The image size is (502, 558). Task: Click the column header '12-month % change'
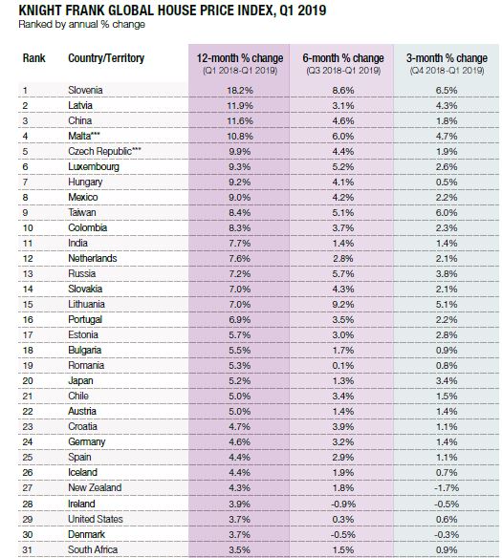pos(240,58)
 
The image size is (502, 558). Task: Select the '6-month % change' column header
pos(343,58)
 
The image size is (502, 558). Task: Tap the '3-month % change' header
pos(447,58)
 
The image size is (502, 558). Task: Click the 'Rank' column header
pos(33,58)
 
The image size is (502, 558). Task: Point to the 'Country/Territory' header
pos(106,58)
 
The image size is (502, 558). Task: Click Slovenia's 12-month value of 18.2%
pos(240,91)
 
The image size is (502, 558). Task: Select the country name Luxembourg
pos(94,166)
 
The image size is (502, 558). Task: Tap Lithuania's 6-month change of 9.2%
pos(343,304)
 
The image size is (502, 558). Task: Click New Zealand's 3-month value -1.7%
pos(447,487)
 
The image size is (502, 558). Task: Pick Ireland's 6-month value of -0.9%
pos(342,504)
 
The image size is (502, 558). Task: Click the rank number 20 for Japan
pos(28,381)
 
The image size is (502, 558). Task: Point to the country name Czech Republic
pos(99,151)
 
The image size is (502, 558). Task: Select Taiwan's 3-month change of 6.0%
pos(447,212)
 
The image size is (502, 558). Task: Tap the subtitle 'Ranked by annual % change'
pos(82,25)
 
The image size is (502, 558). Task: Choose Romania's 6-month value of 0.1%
pos(343,366)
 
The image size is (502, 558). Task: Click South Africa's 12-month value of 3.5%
pos(240,549)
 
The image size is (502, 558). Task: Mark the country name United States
pos(96,519)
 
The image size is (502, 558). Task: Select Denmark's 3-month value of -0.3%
pos(447,534)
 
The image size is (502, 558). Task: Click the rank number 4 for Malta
pos(25,137)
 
